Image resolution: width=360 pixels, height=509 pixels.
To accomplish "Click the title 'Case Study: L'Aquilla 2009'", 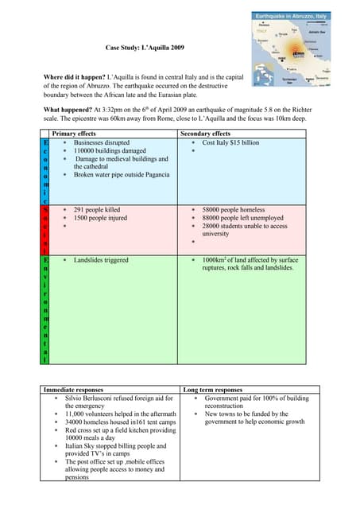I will pyautogui.click(x=145, y=49).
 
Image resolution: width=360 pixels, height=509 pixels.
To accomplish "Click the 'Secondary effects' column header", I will pyautogui.click(x=206, y=134).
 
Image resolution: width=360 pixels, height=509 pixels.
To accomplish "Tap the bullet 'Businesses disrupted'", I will pyautogui.click(x=102, y=142).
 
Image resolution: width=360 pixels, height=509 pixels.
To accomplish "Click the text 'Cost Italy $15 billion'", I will pyautogui.click(x=230, y=142).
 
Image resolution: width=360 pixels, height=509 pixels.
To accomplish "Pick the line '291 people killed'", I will pyautogui.click(x=97, y=210).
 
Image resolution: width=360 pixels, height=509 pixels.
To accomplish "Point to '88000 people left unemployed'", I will pyautogui.click(x=242, y=218).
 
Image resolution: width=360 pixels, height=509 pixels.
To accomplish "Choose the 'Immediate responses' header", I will pyautogui.click(x=73, y=390).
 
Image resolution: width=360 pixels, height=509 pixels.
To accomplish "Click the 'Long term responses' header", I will pyautogui.click(x=212, y=390).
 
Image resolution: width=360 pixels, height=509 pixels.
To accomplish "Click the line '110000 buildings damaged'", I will pyautogui.click(x=110, y=150).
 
